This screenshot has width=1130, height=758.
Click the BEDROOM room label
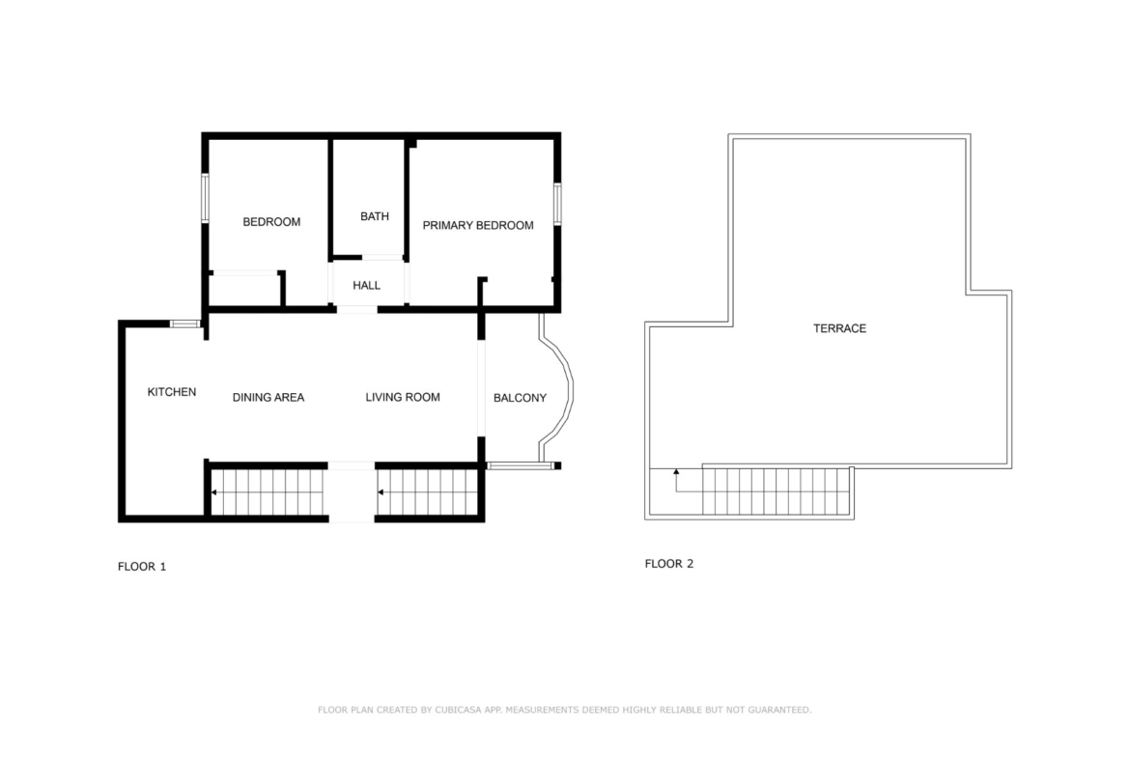(x=271, y=222)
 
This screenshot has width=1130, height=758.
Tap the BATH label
(x=374, y=216)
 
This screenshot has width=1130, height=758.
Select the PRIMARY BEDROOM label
(x=478, y=226)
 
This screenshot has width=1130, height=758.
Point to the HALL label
(x=366, y=285)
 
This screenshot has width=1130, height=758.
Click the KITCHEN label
(x=172, y=392)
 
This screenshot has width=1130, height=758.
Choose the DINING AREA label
(x=268, y=397)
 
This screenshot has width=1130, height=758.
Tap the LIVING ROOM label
(x=402, y=397)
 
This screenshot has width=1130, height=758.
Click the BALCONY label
(x=520, y=398)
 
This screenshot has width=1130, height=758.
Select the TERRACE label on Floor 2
(x=839, y=328)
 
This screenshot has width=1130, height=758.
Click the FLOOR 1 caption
(x=142, y=567)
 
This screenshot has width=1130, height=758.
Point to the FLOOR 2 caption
(x=668, y=564)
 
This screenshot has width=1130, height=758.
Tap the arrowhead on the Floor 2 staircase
(x=676, y=472)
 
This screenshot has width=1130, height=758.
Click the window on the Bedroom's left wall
(x=205, y=198)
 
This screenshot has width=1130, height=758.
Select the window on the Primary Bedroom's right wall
(x=557, y=205)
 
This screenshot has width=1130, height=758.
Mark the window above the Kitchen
(x=185, y=323)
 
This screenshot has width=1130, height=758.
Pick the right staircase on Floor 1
(x=428, y=492)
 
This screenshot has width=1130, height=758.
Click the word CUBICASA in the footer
(x=459, y=710)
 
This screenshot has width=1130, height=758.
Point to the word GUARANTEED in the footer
(x=779, y=710)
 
